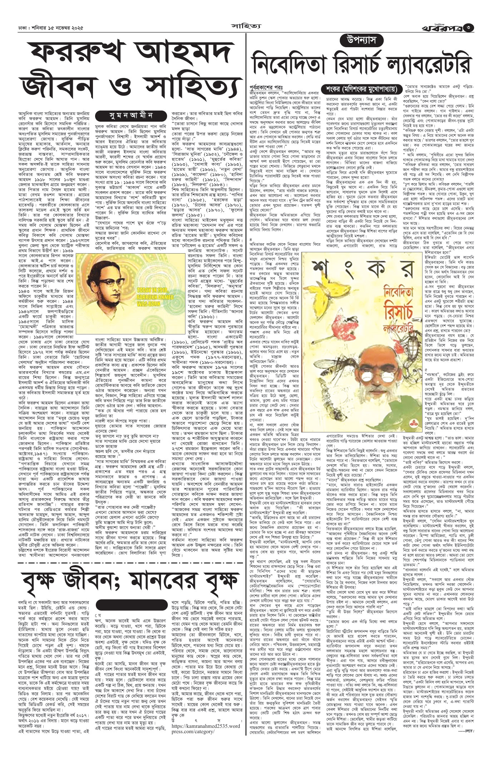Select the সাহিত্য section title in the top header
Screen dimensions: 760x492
click(246, 26)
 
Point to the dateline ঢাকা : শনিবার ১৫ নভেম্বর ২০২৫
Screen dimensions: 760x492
click(50, 28)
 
